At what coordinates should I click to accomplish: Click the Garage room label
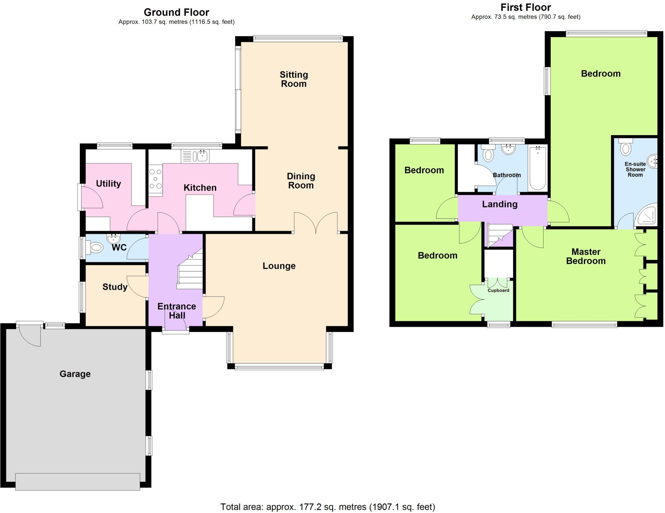point(75,374)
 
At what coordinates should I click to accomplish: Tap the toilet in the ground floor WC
point(95,248)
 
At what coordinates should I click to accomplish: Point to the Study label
point(115,287)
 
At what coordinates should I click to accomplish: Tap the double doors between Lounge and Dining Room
point(316,223)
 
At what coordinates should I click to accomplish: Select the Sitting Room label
point(294,79)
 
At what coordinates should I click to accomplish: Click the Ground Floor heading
point(176,12)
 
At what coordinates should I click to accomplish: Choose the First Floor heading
point(526,7)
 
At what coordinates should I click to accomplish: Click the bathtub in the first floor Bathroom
point(538,168)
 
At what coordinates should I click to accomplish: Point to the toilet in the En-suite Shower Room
point(625,147)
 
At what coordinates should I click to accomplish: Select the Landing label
point(500,204)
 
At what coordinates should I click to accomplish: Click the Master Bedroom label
point(586,256)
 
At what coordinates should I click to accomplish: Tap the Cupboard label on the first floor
point(498,290)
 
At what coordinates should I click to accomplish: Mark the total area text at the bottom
point(328,507)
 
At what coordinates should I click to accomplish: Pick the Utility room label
point(108,184)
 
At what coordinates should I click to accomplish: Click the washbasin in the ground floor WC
point(113,239)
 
